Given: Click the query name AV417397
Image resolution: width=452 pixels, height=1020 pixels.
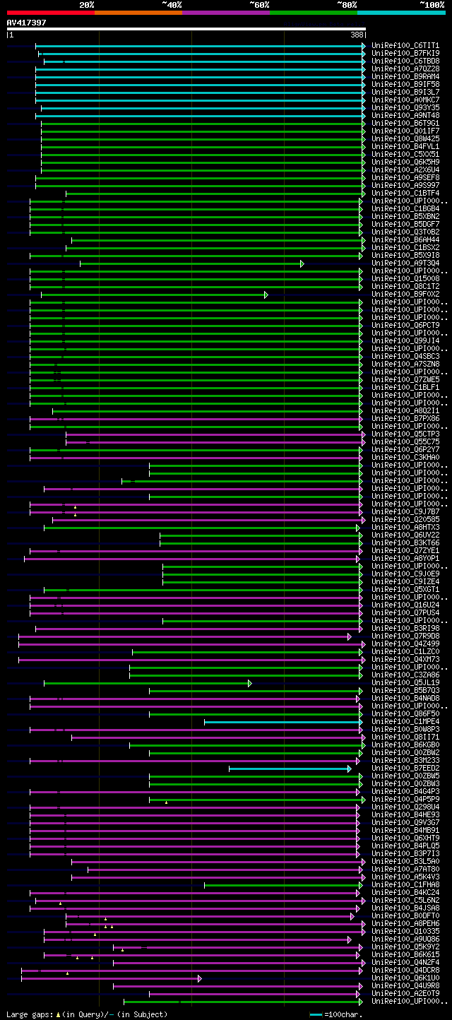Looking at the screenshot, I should (27, 23).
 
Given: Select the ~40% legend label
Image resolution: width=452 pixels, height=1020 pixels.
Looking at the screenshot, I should (172, 4).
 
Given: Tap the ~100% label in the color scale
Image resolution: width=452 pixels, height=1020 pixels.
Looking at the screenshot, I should (432, 4).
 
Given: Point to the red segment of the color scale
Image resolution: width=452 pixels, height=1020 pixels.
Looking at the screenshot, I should (50, 12).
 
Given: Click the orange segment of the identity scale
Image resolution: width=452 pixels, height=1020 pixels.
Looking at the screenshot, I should (138, 12).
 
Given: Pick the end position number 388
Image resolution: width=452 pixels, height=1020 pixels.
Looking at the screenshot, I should (357, 34).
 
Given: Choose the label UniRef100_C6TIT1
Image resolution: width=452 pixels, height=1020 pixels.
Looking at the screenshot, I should (405, 46).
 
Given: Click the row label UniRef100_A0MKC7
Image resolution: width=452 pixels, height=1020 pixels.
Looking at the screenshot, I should (405, 100).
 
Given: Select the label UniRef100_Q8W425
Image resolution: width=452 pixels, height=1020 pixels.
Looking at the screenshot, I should (405, 139).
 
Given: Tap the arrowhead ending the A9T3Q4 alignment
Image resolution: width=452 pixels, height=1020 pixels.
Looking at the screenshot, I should (302, 263).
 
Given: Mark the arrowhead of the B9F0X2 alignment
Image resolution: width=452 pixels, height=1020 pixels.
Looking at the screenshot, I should (266, 295).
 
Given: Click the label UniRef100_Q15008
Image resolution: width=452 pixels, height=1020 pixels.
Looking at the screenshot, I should (405, 279).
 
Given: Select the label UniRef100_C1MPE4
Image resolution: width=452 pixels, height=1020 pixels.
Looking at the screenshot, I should (405, 722).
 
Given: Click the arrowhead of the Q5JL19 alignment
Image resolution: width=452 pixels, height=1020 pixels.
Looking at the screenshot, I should (250, 683).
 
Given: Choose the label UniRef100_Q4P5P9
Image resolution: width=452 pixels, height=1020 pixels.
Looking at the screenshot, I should (405, 800).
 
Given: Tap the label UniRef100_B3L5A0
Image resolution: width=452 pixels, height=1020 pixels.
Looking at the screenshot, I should (405, 862).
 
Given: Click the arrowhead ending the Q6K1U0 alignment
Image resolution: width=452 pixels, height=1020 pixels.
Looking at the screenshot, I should (200, 978).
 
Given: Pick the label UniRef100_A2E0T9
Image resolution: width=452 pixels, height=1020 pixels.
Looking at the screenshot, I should (405, 994).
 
